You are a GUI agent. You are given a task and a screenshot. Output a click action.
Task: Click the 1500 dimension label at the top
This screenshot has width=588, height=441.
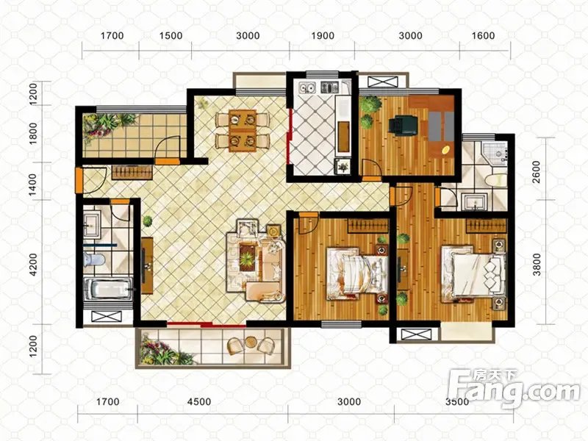pos(171,35)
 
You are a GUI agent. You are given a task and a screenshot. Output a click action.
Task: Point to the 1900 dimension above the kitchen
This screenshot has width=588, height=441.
pos(323,35)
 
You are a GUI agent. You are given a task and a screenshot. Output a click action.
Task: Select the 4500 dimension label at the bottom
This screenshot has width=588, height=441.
pos(199,402)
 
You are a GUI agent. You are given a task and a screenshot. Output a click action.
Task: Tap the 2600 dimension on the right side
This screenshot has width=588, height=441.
pos(537,172)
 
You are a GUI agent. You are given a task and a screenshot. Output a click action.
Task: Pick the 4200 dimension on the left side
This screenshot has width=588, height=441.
pos(33,265)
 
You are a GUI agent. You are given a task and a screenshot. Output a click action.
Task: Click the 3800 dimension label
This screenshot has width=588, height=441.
pos(537,265)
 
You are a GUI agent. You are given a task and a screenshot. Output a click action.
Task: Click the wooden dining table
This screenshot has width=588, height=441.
pos(243,131)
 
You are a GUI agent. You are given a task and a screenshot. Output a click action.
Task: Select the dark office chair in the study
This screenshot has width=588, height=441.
pos(403,125)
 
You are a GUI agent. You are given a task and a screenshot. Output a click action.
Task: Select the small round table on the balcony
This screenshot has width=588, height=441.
pos(250,342)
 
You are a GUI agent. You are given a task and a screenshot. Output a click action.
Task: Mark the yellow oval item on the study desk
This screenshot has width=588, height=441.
pos(446,150)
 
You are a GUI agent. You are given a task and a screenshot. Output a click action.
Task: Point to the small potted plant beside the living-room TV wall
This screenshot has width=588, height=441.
pos(148,221)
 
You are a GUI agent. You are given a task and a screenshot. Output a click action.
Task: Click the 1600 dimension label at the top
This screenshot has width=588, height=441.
pos(483,35)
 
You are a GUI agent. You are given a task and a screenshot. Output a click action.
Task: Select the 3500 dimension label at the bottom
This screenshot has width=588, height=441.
pos(457,402)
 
